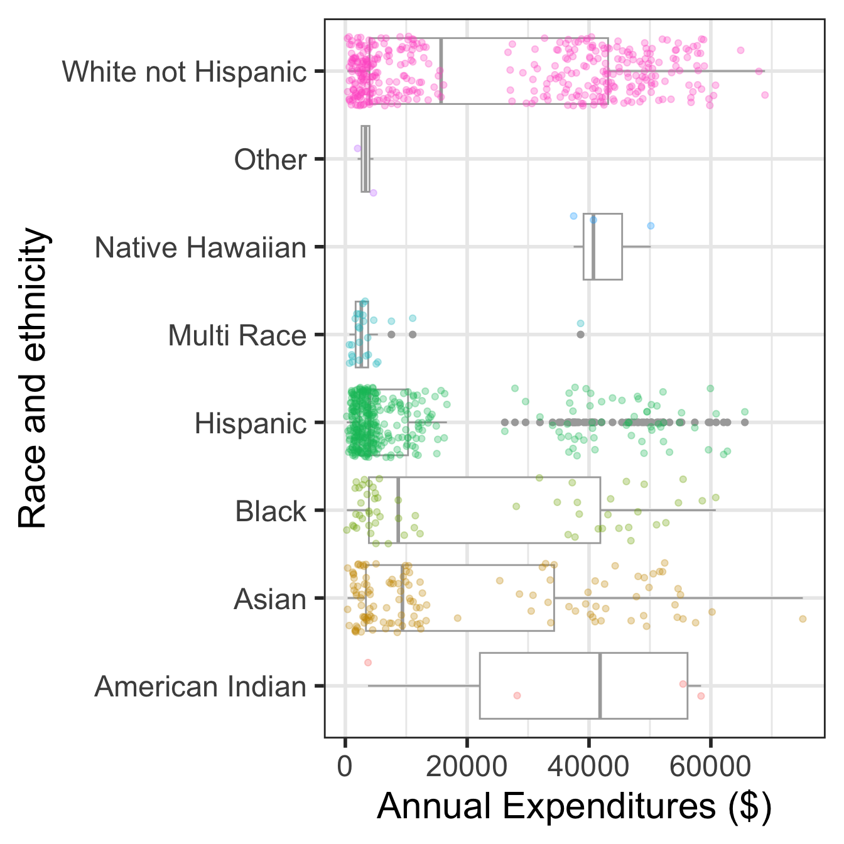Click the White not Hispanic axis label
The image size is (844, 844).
(x=184, y=72)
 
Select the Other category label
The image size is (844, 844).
(x=270, y=160)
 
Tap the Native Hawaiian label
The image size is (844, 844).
(x=200, y=247)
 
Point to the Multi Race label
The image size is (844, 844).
(x=237, y=335)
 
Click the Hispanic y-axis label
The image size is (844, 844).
(x=250, y=423)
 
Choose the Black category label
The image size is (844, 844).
(x=270, y=511)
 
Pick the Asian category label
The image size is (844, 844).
(x=269, y=599)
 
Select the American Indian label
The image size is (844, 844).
(x=200, y=686)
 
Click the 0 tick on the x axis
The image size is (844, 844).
(x=345, y=767)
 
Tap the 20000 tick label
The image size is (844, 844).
(x=467, y=767)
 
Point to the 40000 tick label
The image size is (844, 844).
(x=588, y=767)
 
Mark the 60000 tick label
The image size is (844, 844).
(x=710, y=767)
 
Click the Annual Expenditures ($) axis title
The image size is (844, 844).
(x=574, y=806)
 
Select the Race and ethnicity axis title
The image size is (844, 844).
(x=33, y=379)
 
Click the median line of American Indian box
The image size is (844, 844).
(x=600, y=686)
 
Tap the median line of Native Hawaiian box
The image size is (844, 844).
(x=593, y=247)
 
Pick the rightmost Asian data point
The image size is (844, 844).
(x=803, y=619)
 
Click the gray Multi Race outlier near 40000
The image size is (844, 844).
(x=581, y=335)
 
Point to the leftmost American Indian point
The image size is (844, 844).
(x=368, y=663)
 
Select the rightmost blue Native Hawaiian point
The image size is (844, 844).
(x=651, y=225)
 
